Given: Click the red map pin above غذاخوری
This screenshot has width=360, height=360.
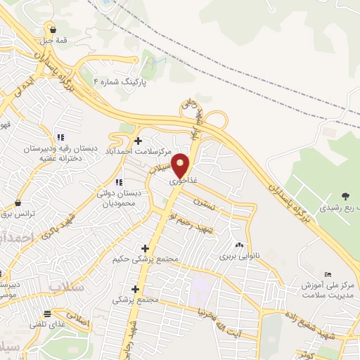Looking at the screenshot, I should (181, 165).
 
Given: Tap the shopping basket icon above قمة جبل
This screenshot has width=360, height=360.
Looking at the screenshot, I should (53, 29).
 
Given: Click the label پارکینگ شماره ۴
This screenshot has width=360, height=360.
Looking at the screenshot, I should (122, 82).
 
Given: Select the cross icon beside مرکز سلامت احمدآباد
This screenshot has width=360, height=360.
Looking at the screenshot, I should (138, 141).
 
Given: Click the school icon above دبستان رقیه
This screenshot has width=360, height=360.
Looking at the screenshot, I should (60, 137).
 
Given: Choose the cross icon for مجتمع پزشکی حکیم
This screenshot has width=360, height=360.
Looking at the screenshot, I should (145, 248).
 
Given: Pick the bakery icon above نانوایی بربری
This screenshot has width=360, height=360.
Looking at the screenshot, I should (240, 245).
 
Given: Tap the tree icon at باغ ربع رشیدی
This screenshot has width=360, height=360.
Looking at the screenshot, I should (345, 196).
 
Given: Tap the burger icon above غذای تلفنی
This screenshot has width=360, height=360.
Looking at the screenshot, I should (47, 314).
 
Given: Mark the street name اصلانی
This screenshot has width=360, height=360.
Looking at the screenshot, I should (80, 320).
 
